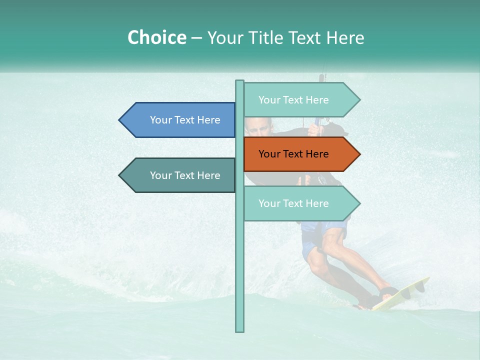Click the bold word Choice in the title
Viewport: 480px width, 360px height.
coord(156,37)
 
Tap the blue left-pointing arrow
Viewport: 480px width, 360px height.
coord(177,120)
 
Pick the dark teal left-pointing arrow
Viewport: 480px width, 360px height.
coord(177,175)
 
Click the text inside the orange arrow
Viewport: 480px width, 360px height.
coord(293,154)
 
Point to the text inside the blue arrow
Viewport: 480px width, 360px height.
coord(185,120)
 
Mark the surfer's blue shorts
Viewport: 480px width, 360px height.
coord(320,235)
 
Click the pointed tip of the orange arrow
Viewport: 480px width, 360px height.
coord(359,154)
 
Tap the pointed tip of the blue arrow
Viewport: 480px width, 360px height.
coord(120,120)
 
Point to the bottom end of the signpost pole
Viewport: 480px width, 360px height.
coord(240,330)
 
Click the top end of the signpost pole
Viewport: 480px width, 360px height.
coord(240,82)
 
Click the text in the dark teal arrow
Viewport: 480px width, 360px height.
coord(185,175)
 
